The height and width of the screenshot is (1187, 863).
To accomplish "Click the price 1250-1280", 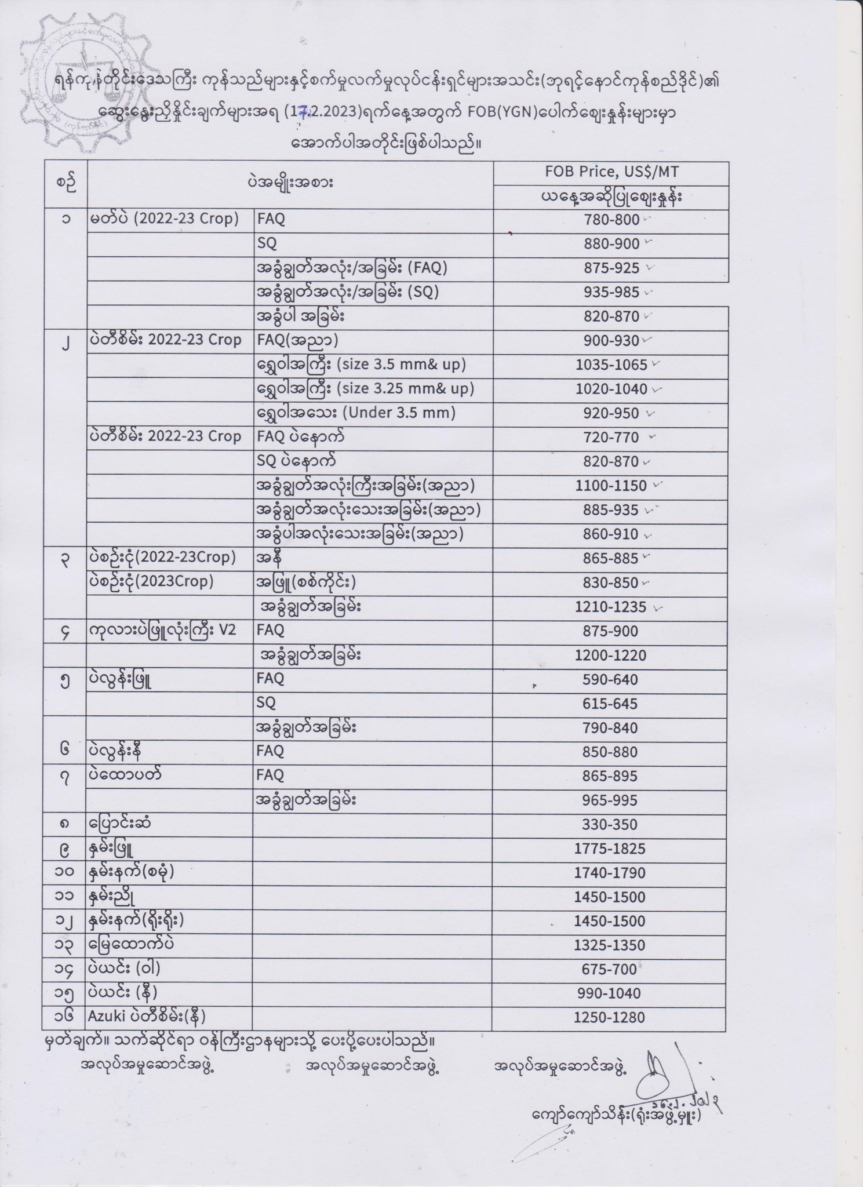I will click(x=610, y=1017).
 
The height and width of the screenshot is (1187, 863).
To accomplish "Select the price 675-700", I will click(x=610, y=969).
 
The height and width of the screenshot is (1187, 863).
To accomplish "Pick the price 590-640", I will click(x=610, y=679).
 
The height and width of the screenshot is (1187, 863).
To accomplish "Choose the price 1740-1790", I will click(x=610, y=873).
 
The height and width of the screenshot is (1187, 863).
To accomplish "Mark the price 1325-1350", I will click(x=610, y=945).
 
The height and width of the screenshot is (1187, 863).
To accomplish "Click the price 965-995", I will click(x=610, y=800).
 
